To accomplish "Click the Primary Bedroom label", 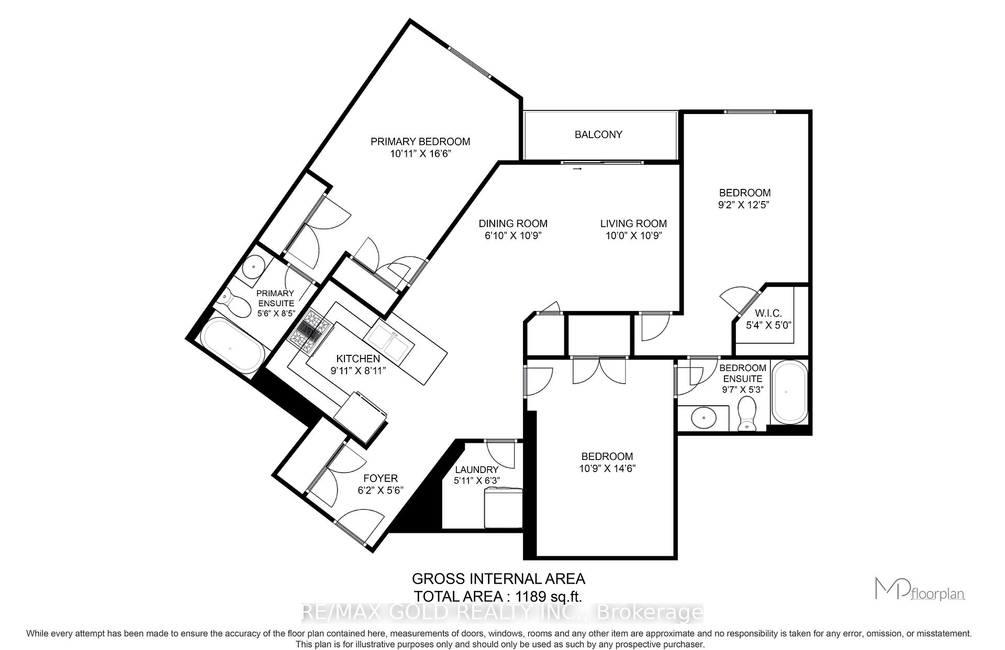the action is [420, 141].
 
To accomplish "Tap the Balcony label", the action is [598, 135].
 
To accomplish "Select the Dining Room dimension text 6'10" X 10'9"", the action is [513, 236].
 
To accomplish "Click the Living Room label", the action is [633, 223].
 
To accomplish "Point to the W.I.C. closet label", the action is [768, 313].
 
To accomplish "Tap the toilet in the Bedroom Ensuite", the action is [747, 414].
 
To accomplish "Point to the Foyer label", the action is [381, 478].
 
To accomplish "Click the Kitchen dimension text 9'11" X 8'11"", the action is [358, 371].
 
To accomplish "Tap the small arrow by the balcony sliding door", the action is [577, 169].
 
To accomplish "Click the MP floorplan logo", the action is [920, 588].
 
